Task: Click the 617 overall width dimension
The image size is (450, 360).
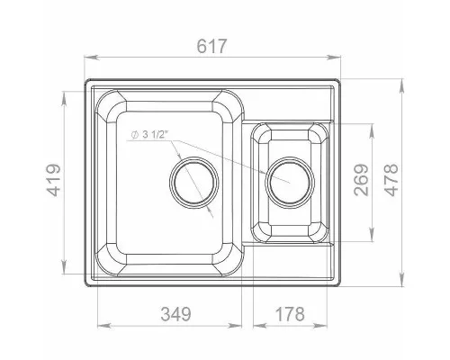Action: point(211,46)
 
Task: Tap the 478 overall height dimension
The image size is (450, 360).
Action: point(391,180)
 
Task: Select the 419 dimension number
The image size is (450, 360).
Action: point(55,180)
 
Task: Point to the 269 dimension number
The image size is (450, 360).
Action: point(361,180)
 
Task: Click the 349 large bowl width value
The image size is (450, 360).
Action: point(176,314)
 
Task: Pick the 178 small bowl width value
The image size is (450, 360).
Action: point(290,314)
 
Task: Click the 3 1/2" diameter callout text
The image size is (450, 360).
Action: point(155,135)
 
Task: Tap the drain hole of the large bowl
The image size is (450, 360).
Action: point(194,183)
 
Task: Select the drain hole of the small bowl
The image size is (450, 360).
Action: point(290,183)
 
